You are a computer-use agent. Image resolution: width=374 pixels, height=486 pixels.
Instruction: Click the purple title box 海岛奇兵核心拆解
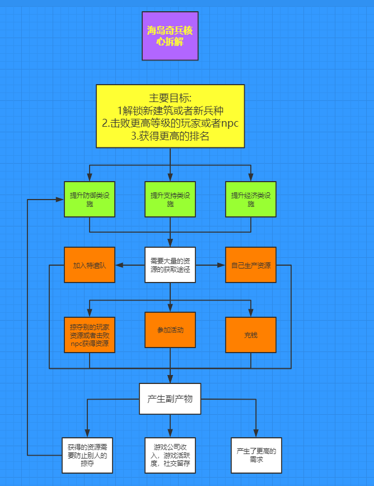170,36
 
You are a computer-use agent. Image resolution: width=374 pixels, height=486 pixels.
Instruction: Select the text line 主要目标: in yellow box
170,97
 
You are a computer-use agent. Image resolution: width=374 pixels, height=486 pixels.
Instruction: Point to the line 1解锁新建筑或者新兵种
170,110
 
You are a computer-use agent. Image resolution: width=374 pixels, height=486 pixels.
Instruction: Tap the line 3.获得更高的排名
170,136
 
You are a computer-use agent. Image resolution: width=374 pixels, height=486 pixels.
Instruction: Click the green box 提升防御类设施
90,200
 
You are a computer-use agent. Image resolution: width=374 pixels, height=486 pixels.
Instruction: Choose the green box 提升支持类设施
170,200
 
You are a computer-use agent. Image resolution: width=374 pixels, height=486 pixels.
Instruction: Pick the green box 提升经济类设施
251,200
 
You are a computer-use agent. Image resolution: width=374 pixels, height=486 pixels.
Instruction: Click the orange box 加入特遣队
90,265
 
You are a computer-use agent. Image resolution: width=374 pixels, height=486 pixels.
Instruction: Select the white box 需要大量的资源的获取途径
170,265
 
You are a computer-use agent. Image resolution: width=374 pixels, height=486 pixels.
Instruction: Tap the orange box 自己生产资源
251,265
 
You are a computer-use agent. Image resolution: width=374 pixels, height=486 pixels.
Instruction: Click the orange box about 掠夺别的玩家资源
90,335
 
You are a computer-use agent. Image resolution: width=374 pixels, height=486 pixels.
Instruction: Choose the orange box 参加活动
170,330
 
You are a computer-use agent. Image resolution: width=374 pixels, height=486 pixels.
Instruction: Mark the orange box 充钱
251,335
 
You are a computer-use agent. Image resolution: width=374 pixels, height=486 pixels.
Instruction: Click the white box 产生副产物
170,399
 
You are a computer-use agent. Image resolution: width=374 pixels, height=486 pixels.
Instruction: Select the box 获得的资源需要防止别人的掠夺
87,455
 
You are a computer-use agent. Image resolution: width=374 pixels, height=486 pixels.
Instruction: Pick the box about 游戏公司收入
170,455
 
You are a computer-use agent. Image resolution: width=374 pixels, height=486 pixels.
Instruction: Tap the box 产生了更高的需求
256,455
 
